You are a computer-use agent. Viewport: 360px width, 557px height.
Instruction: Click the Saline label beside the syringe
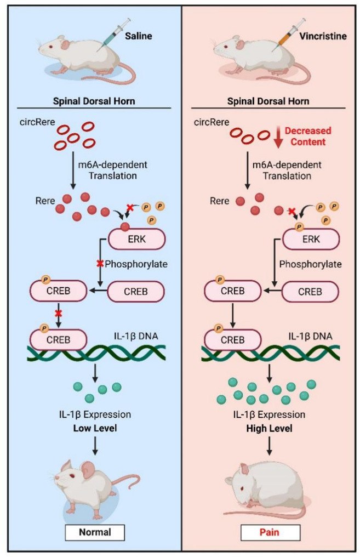coord(138,36)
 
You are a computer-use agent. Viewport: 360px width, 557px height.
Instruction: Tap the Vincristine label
coord(323,36)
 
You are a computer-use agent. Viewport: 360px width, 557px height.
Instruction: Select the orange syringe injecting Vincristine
coord(288,35)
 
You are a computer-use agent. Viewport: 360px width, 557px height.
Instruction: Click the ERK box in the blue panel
coord(136,238)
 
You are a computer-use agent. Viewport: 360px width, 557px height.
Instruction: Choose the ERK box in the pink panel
coord(311,238)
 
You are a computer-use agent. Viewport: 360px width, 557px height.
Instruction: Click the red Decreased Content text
coord(308,136)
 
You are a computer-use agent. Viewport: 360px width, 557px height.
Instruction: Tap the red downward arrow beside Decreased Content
coord(279,138)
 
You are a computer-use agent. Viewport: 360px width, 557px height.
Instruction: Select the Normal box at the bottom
coord(95,532)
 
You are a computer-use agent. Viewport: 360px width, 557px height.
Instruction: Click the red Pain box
coord(270,532)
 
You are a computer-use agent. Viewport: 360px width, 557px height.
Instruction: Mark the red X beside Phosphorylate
coord(100,264)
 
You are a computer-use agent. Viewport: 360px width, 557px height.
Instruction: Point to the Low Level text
coord(95,428)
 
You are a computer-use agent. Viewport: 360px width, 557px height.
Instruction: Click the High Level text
coord(269,428)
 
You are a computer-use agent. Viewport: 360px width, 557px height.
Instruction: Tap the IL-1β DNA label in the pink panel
coord(310,336)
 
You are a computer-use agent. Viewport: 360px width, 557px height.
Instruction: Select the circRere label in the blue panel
coord(37,122)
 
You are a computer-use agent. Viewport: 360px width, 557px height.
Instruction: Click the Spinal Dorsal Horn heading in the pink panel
coord(268,101)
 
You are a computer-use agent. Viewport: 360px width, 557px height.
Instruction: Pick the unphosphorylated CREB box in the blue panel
coord(136,292)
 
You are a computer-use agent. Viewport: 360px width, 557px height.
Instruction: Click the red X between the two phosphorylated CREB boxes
coord(58,314)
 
